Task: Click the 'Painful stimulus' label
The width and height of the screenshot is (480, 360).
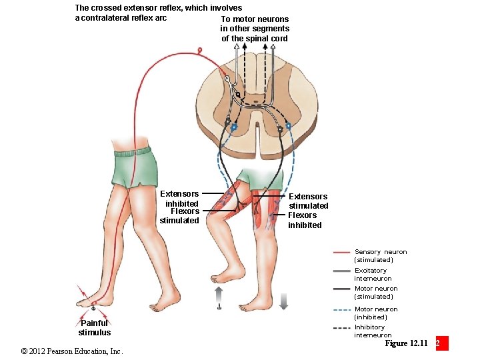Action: click(94, 327)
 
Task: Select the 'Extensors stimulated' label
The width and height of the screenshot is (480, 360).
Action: click(308, 201)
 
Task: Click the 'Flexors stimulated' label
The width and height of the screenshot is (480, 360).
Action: click(180, 216)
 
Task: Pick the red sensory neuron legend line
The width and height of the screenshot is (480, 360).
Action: click(342, 253)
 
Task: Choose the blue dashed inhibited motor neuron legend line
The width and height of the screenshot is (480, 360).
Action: click(342, 310)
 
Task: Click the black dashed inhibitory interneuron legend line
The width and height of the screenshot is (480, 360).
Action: click(342, 328)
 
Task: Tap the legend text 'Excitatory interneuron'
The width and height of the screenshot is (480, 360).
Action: click(373, 275)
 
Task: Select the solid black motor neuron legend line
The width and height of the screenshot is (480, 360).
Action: click(342, 289)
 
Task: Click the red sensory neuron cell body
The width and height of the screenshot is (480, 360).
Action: click(199, 49)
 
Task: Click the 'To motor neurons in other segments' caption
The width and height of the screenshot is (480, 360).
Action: click(255, 29)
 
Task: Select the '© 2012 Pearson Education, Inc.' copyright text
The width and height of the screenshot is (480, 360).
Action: click(71, 351)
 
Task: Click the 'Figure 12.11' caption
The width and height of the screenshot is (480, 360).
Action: click(406, 343)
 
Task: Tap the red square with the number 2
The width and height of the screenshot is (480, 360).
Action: click(441, 343)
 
